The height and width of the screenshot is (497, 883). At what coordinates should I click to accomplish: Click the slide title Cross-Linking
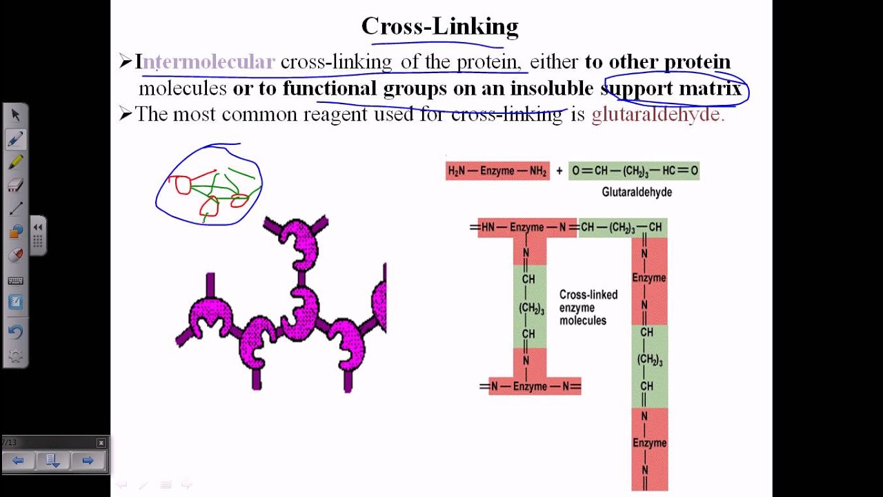(439, 26)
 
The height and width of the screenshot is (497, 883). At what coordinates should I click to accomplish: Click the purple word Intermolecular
(205, 62)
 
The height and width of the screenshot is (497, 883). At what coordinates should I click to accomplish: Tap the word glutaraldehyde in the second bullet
(657, 115)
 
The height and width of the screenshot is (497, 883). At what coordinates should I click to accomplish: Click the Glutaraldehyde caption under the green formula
(637, 192)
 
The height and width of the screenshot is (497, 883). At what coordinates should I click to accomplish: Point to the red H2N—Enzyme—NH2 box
(497, 170)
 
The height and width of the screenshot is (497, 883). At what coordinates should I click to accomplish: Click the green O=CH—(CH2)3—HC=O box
(634, 170)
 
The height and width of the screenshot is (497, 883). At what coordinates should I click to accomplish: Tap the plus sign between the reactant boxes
(559, 170)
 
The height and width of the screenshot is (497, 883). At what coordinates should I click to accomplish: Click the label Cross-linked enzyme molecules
(588, 307)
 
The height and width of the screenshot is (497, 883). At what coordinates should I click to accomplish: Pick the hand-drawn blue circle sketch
(209, 185)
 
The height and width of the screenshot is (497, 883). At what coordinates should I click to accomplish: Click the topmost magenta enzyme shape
(299, 242)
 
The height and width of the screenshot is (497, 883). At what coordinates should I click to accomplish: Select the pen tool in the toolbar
(15, 139)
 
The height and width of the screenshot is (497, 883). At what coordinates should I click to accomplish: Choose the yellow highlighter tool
(15, 162)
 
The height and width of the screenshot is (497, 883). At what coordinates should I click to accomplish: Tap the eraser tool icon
(15, 185)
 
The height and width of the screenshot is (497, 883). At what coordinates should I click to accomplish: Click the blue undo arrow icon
(15, 331)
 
